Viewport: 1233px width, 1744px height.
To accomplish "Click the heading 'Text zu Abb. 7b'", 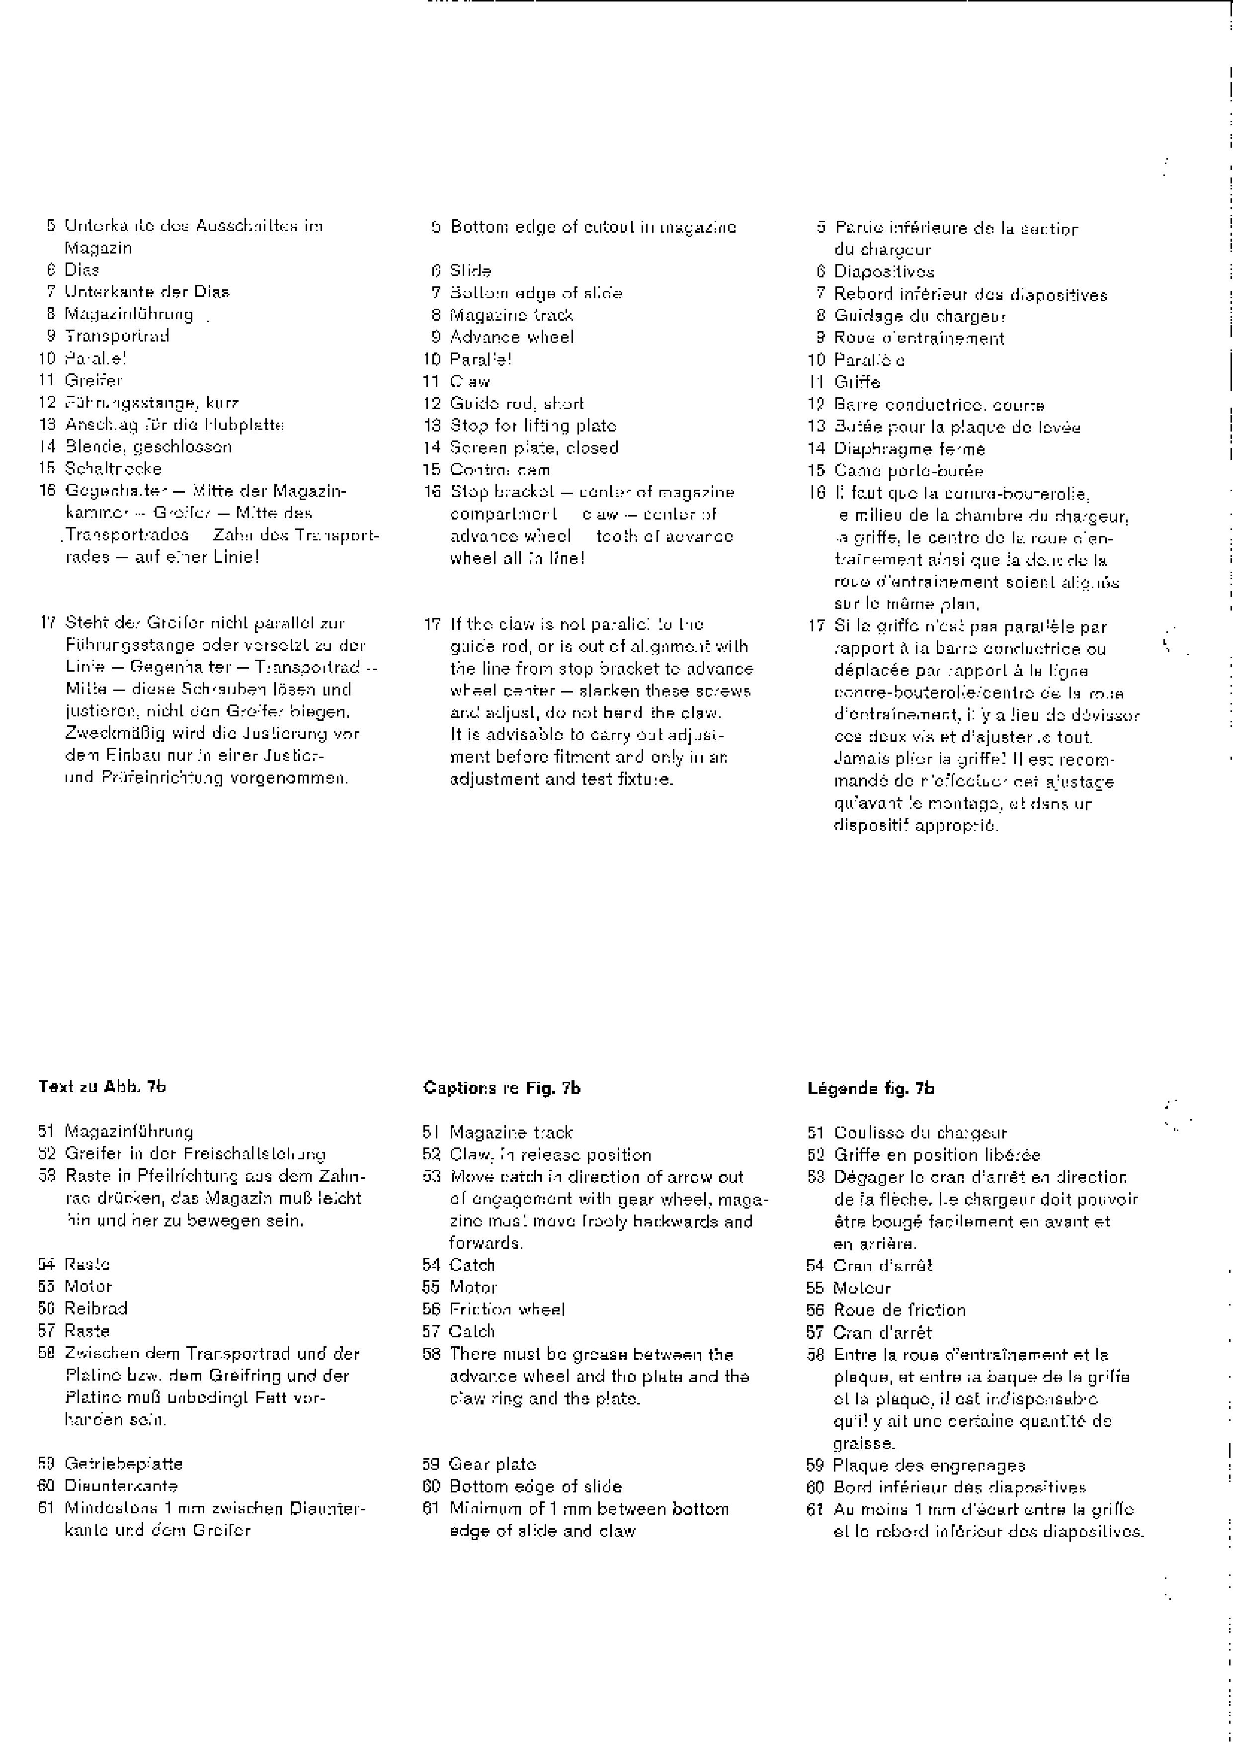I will click(x=102, y=1086).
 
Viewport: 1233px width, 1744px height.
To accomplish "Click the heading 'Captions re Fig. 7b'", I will click(x=502, y=1088).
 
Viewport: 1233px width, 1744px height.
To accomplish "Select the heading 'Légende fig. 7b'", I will click(x=870, y=1088).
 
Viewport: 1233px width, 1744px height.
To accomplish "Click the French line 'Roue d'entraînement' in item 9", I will click(x=919, y=339).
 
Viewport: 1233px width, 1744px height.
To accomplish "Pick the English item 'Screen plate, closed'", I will click(x=534, y=448).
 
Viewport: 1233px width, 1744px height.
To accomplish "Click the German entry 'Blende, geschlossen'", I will click(x=148, y=446).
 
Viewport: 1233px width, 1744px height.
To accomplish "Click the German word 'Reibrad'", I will click(x=95, y=1308).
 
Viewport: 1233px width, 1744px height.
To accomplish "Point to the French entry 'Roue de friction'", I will click(x=900, y=1310).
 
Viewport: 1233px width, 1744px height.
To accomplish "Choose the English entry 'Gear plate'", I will click(x=493, y=1464).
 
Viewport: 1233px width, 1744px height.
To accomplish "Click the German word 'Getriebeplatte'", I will click(x=123, y=1463).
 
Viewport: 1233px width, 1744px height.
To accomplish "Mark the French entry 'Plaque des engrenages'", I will click(x=928, y=1465).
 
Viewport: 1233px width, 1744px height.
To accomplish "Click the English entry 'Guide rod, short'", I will click(x=516, y=404).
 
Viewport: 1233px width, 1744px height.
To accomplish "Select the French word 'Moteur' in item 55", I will click(x=862, y=1288).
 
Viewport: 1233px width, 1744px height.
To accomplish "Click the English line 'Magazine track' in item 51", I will click(x=511, y=1133).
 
